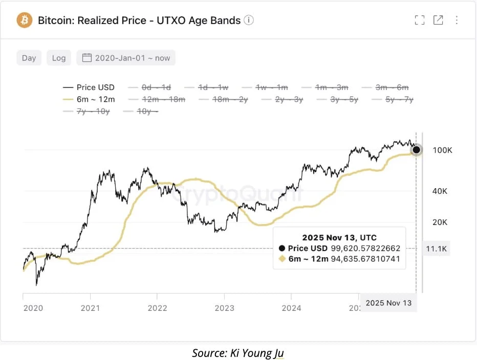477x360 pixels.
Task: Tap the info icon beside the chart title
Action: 249,20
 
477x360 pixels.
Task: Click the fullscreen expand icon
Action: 420,20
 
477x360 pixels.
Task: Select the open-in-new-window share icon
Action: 438,20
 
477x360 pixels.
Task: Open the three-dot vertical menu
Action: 457,20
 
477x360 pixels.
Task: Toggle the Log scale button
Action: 59,58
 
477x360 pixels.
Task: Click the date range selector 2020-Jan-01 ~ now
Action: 126,58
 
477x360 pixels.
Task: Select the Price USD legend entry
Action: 89,87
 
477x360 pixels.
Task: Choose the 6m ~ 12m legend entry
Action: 89,99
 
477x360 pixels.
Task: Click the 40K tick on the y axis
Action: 440,191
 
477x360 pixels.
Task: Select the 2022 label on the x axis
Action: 157,308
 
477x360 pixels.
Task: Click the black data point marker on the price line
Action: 417,150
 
